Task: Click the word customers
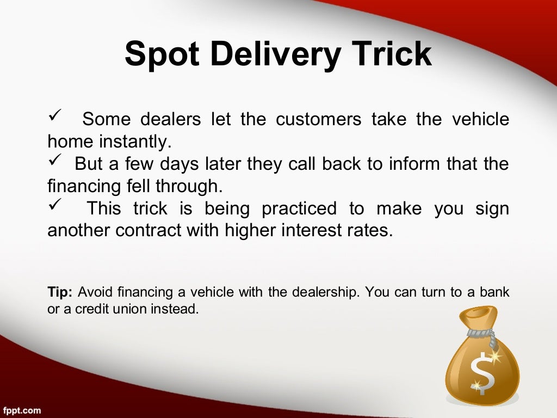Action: click(x=318, y=119)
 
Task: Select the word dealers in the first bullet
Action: click(x=171, y=119)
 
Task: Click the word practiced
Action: click(x=299, y=208)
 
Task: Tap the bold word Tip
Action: click(x=60, y=292)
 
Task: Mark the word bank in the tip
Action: click(x=494, y=292)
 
